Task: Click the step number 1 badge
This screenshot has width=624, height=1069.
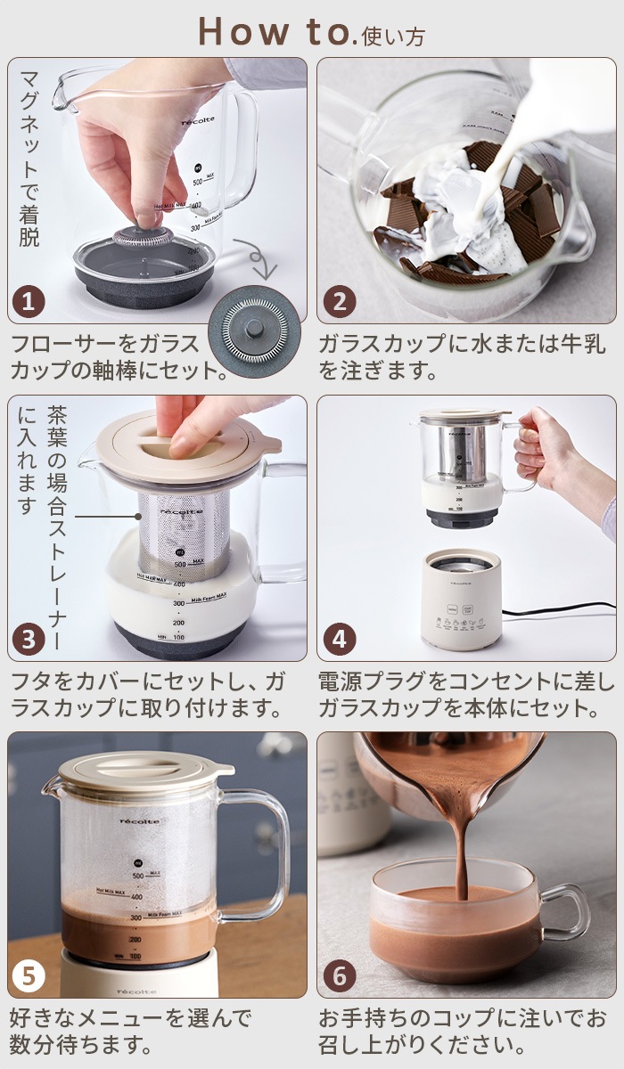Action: [x=29, y=302]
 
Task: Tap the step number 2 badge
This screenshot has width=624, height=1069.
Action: [x=339, y=302]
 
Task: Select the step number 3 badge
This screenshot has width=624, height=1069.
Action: [x=29, y=639]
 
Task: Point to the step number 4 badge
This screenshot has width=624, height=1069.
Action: [x=339, y=639]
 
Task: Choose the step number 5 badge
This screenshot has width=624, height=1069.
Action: [x=29, y=975]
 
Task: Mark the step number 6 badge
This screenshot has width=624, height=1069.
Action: [x=339, y=975]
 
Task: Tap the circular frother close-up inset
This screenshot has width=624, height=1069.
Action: [x=254, y=330]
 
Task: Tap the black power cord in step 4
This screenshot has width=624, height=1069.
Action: [x=557, y=611]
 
